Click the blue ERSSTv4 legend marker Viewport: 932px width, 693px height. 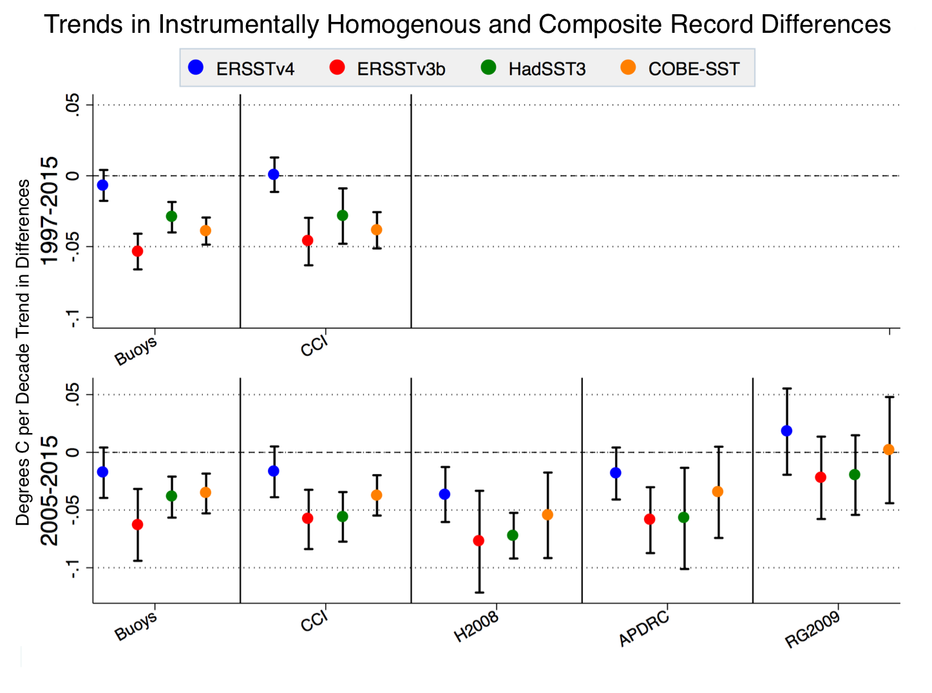(196, 68)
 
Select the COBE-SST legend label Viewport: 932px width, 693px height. (694, 69)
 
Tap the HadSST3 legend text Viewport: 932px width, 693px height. (547, 69)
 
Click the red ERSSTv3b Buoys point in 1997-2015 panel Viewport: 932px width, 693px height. (137, 251)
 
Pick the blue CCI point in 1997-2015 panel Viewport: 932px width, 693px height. (274, 174)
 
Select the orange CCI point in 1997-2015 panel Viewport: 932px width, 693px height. (377, 230)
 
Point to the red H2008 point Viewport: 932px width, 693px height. (479, 541)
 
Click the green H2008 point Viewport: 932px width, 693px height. (513, 535)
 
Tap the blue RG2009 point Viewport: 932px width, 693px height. (786, 431)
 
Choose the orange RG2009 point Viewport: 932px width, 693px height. (889, 450)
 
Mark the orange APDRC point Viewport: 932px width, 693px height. (718, 492)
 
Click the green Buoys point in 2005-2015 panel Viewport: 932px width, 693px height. (171, 496)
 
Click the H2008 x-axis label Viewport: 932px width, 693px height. (476, 627)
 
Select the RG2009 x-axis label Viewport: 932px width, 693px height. (812, 630)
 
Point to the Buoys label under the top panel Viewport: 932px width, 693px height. (136, 351)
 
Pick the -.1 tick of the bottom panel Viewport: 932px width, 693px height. (73, 568)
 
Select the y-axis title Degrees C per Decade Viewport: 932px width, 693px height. (23, 463)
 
